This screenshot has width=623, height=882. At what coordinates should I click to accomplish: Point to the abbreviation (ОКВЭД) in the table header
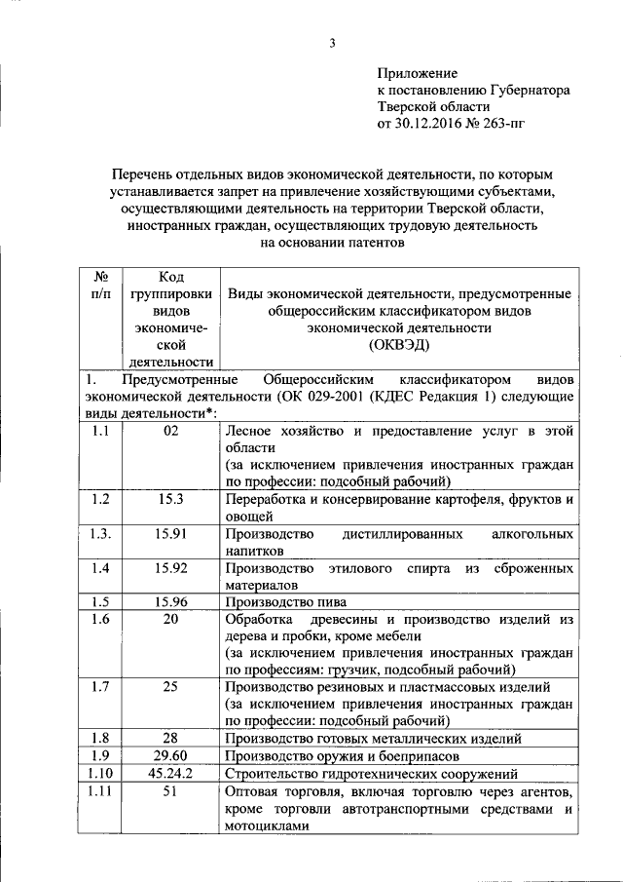tap(399, 345)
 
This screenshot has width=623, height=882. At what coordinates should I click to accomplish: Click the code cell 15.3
tap(171, 499)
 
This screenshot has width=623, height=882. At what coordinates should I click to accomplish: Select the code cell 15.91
tap(171, 533)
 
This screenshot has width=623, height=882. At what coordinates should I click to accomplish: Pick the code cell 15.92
tap(171, 567)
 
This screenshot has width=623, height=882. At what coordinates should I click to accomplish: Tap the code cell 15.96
tap(171, 601)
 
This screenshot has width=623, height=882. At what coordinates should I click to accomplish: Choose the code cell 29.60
tap(171, 755)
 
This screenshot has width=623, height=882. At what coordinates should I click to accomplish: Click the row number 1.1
tap(99, 431)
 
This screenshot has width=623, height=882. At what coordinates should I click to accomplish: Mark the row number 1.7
tap(99, 687)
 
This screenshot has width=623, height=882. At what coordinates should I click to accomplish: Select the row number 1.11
tap(99, 791)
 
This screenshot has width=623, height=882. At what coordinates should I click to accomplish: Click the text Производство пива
tap(285, 601)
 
